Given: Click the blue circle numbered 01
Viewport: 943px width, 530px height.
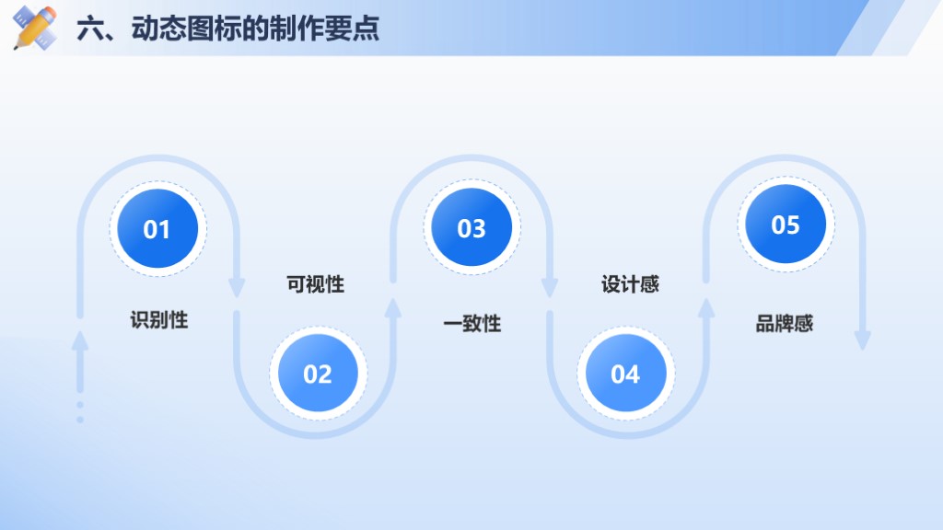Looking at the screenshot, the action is click(157, 228).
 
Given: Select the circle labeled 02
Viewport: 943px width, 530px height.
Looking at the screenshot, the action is click(318, 374).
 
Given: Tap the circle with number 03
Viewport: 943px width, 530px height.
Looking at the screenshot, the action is click(471, 227).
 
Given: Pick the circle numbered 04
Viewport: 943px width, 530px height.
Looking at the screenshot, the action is click(625, 374).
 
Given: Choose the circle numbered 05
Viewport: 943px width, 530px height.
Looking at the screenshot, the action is click(786, 224).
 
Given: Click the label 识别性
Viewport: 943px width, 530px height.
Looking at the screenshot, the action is click(159, 319).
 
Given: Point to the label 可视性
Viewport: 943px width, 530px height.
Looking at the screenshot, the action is click(315, 284).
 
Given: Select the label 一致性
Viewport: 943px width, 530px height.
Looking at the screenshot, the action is click(472, 324).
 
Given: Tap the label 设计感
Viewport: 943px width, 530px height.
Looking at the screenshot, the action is click(630, 284).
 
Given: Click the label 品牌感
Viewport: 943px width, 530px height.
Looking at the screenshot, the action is click(785, 324).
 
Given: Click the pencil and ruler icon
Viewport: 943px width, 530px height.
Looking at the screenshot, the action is click(35, 28).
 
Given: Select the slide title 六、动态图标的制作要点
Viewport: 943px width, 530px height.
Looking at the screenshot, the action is click(228, 29).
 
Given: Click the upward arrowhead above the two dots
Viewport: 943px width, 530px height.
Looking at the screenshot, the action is click(80, 340).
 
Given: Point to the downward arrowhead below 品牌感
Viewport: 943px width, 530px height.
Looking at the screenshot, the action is click(863, 340).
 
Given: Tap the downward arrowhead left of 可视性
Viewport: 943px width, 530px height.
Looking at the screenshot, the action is click(237, 288).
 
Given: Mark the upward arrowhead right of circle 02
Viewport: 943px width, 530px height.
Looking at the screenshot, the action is click(392, 308).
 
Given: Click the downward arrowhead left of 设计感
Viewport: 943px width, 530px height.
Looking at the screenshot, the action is click(550, 288).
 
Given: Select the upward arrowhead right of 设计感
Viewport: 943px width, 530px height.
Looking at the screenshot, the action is click(706, 308).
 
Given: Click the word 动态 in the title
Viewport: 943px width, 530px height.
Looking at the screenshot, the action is click(158, 29).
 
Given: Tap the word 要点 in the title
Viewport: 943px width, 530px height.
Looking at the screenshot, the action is click(353, 29).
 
